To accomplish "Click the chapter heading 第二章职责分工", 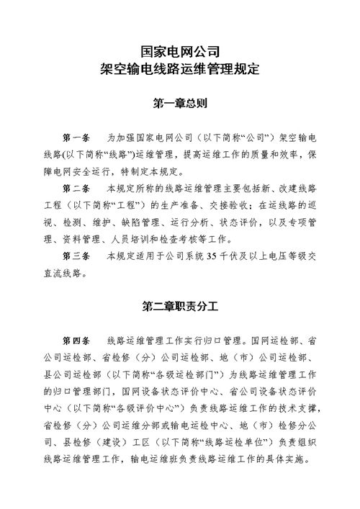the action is pos(180,306).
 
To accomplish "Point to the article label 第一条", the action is pos(76,136).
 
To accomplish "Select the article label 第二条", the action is pos(76,188).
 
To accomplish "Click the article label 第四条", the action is pos(76,339).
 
